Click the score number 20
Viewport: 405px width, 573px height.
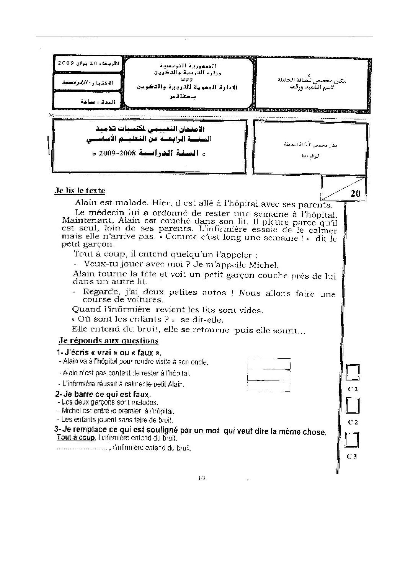(355, 194)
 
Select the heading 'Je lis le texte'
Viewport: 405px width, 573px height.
(80, 191)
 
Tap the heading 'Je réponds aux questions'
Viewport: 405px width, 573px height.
(108, 340)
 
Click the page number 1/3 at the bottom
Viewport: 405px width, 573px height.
(202, 478)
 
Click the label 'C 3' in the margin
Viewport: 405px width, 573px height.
(352, 456)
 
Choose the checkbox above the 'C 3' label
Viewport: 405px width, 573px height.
(352, 440)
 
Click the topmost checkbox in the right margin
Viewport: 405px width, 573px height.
(352, 372)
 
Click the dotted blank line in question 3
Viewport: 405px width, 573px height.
(82, 448)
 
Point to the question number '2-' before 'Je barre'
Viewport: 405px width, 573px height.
(59, 394)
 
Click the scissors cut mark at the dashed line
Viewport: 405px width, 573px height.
(51, 115)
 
